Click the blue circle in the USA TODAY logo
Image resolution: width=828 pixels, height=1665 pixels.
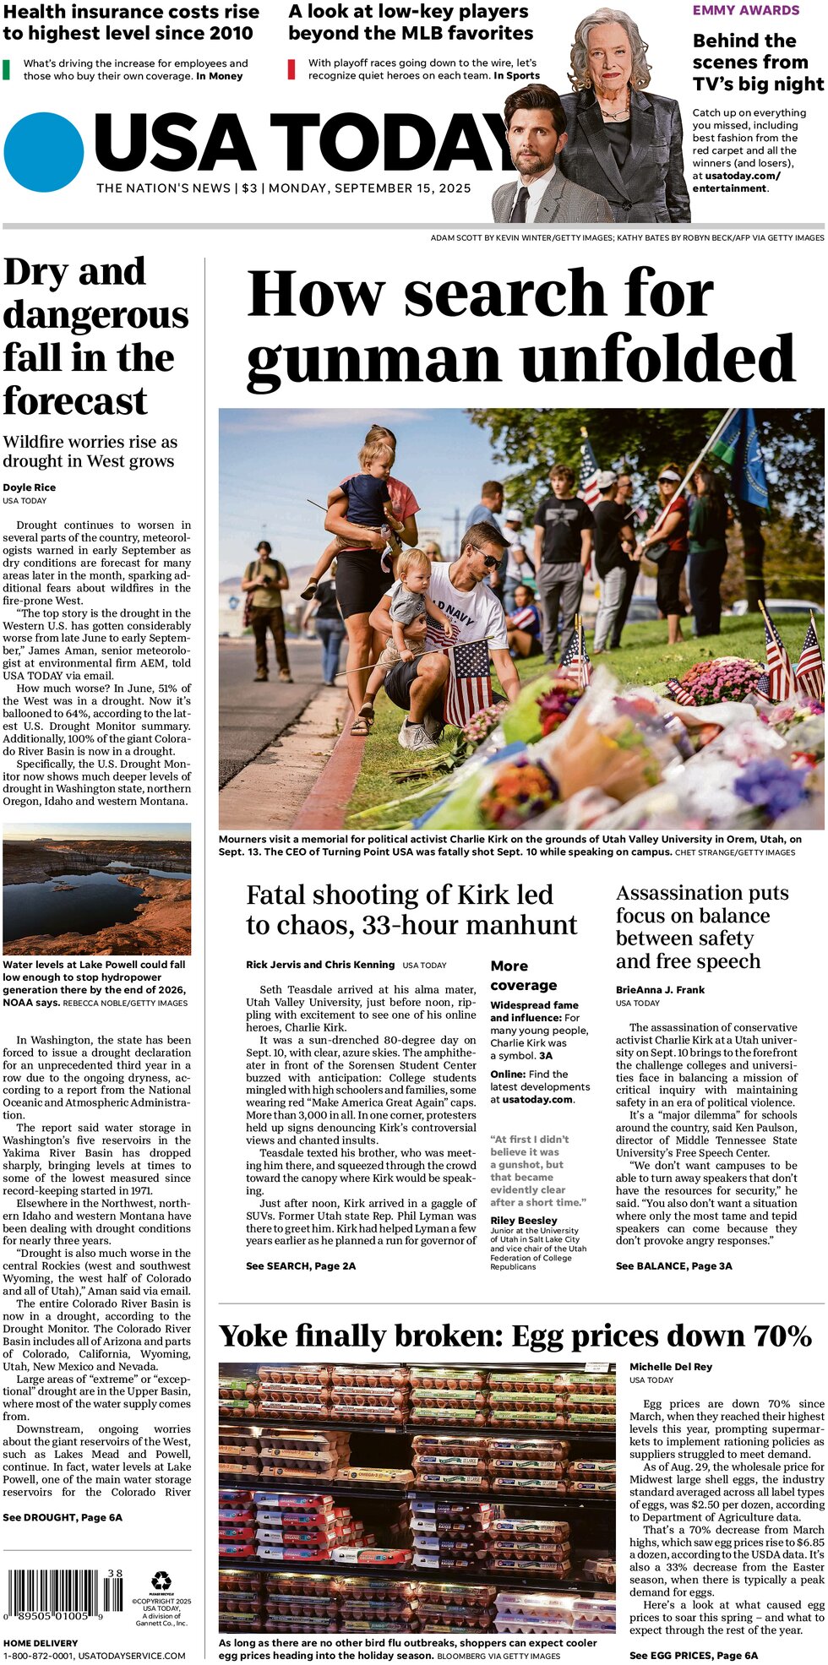(x=44, y=152)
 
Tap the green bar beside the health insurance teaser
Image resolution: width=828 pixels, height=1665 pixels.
(x=7, y=69)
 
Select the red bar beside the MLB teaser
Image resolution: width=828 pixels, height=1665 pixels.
(x=291, y=69)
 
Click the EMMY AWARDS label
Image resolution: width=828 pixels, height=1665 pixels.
(x=745, y=10)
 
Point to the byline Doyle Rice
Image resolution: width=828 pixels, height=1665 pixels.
(x=30, y=487)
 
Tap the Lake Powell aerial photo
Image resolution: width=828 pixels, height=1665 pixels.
(x=97, y=890)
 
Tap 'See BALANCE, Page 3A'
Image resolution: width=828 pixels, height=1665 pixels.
(x=673, y=1265)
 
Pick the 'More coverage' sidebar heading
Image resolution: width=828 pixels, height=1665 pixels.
(x=523, y=975)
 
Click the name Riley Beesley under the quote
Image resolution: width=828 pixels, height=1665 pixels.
(x=524, y=1220)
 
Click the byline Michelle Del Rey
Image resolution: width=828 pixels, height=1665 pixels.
(x=671, y=1367)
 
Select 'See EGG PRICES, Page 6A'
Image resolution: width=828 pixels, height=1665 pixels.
(x=693, y=1656)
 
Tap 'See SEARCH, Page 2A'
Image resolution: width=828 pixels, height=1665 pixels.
(x=301, y=1265)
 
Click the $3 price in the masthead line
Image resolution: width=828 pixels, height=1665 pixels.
(x=249, y=188)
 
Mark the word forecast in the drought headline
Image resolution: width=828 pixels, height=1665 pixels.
(x=75, y=400)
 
